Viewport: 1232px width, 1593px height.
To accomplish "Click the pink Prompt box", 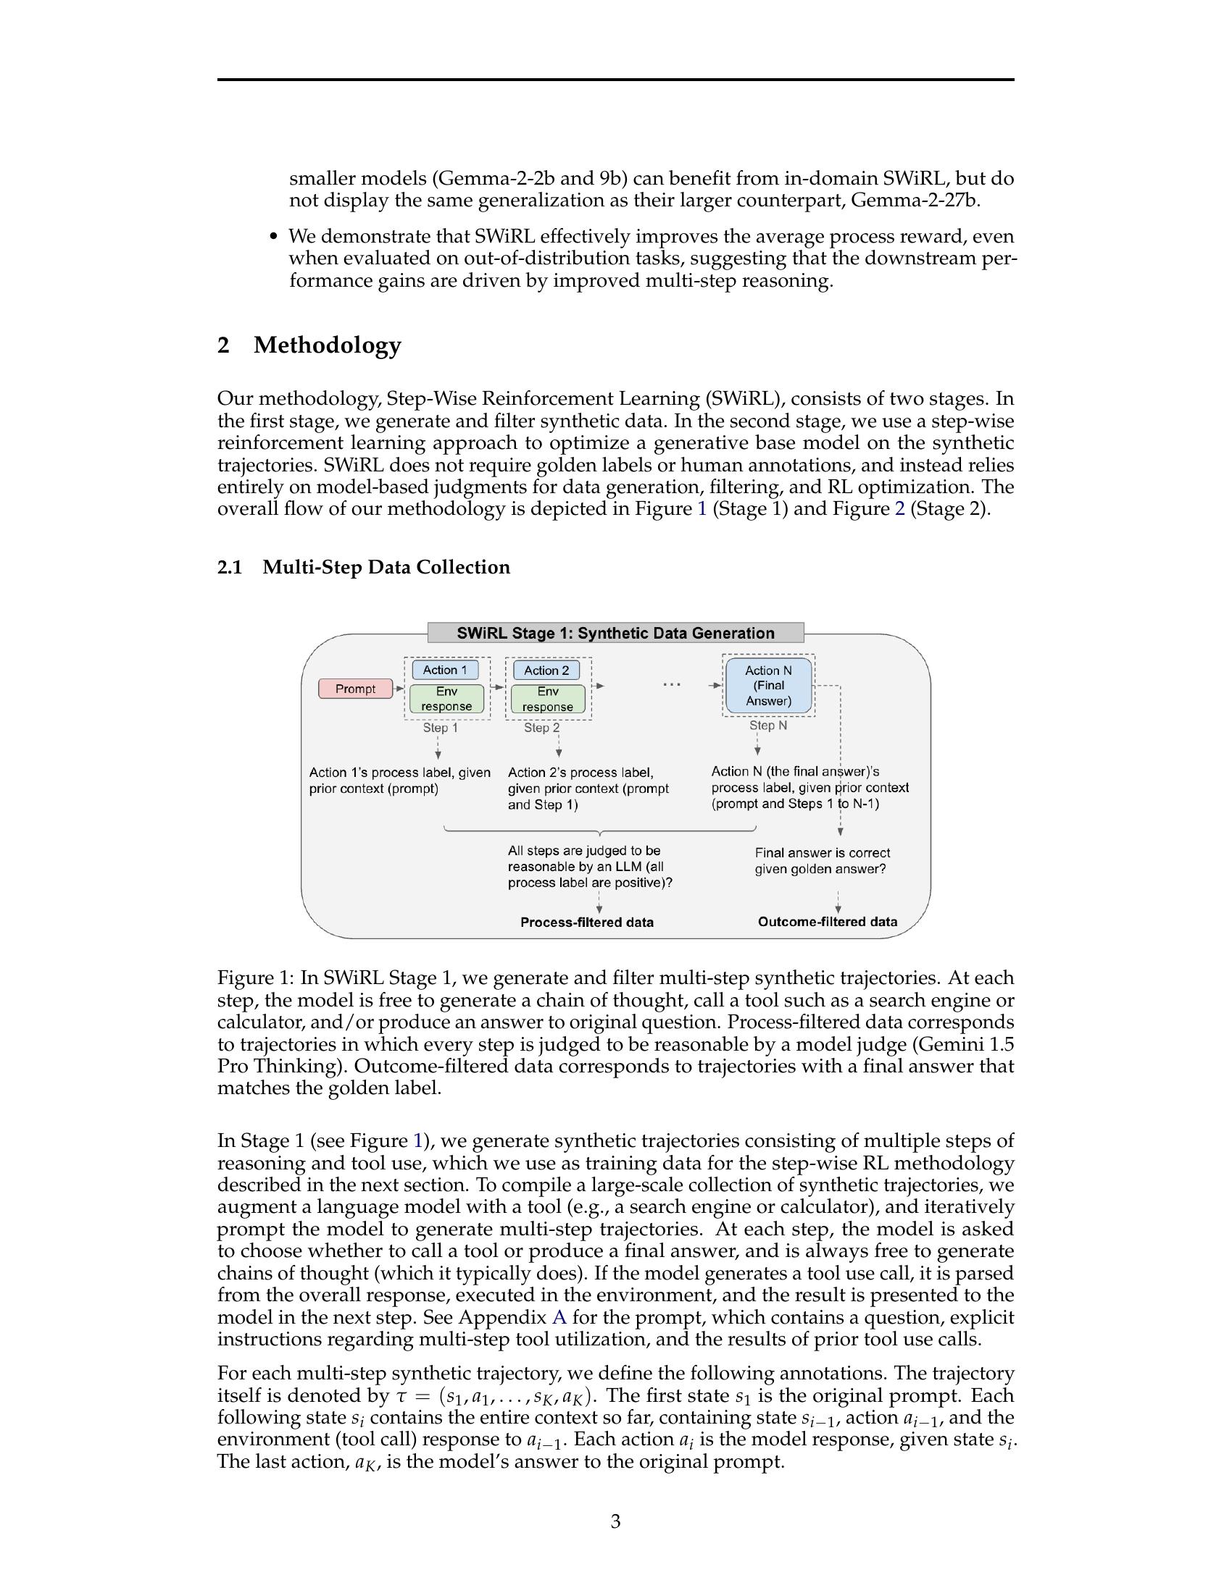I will tap(354, 689).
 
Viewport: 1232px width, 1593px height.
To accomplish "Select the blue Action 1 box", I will tap(445, 670).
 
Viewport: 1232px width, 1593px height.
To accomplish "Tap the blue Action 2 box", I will tap(546, 671).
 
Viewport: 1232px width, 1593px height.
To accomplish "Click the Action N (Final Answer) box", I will tap(767, 686).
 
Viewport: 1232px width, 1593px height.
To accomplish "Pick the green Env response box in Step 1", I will tap(446, 699).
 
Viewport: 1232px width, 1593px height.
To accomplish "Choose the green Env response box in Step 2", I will tap(547, 699).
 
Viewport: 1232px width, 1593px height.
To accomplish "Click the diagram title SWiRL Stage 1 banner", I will tap(615, 633).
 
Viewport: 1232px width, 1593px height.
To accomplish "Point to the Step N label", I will tap(767, 726).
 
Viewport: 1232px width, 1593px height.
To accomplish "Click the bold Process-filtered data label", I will tap(587, 922).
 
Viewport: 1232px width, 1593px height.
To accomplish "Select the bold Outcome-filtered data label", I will tap(827, 921).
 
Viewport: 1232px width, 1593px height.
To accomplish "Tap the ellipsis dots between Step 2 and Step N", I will tap(672, 685).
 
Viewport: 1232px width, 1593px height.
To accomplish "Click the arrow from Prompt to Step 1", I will tap(399, 689).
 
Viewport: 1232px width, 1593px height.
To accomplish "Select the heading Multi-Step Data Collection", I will tap(386, 567).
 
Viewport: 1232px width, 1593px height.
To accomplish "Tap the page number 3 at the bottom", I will tap(615, 1521).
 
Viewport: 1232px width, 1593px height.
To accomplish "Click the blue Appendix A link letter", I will tap(559, 1317).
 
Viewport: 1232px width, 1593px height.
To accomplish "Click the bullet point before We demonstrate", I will tap(274, 237).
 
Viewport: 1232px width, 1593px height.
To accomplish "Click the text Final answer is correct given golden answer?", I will tap(822, 861).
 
